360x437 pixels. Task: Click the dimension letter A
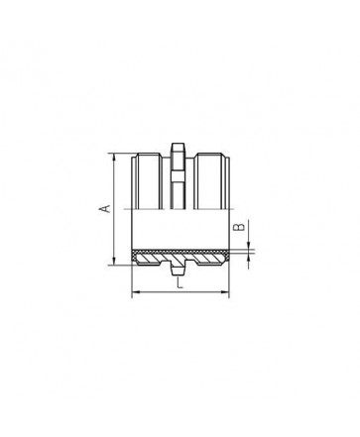coord(105,209)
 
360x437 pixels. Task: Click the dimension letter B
coord(239,227)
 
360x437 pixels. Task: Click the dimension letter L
coord(180,283)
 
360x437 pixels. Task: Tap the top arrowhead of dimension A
coord(114,157)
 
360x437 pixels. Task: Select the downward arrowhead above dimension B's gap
coord(248,245)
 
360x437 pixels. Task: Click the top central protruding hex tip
coord(178,148)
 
